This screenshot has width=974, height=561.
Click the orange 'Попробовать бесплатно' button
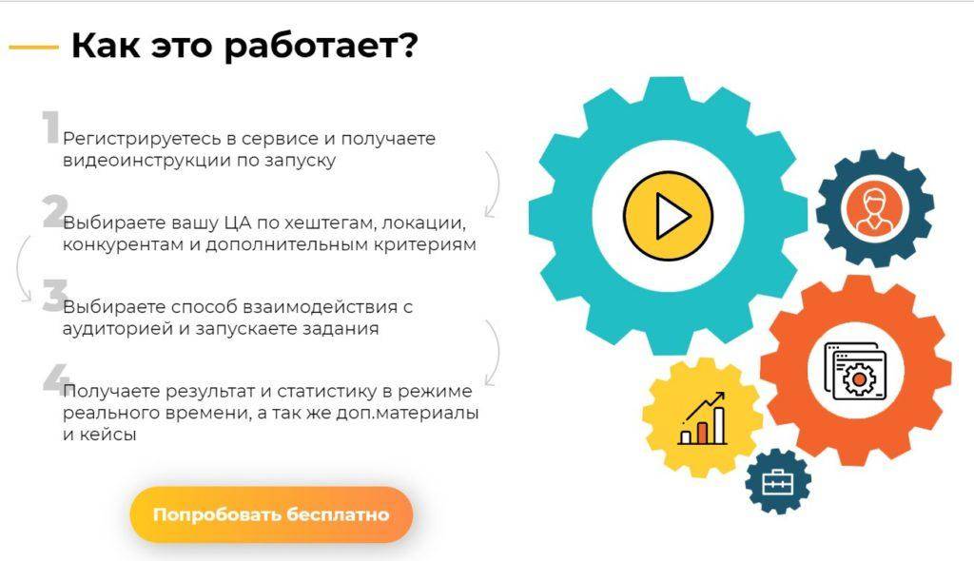(x=271, y=514)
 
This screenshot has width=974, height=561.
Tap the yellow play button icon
(x=668, y=216)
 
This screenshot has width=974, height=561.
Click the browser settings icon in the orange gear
(x=855, y=371)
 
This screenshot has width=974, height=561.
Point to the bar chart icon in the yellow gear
(x=703, y=418)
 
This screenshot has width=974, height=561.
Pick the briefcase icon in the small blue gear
(x=778, y=481)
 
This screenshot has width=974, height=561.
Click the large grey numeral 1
(x=51, y=126)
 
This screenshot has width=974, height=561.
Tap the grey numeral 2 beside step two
(x=55, y=211)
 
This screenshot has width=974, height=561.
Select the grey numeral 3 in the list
(x=55, y=295)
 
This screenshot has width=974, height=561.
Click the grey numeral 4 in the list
(x=56, y=379)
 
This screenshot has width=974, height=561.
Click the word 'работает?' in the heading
(x=321, y=45)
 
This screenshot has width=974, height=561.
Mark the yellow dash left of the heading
(x=33, y=47)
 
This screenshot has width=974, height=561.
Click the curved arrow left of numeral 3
(x=19, y=267)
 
